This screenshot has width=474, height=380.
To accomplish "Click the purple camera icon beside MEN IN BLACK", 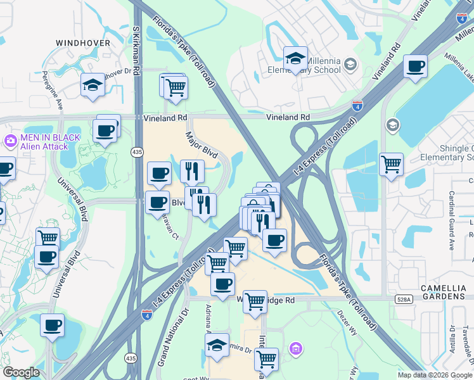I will coord(10,141).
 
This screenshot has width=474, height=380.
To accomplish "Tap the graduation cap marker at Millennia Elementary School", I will coord(295,60).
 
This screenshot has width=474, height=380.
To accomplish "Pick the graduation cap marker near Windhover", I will coord(93,86).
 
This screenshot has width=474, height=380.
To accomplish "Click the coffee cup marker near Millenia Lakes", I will coord(415,66).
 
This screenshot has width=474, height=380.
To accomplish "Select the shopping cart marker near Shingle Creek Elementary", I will coord(391,165).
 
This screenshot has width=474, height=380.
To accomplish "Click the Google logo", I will coord(21,372).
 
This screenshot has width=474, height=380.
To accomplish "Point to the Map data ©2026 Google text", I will coord(435,375).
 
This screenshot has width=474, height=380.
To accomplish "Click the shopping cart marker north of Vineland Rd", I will coord(176,88).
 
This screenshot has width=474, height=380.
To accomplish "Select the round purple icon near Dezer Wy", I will coord(295,348).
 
